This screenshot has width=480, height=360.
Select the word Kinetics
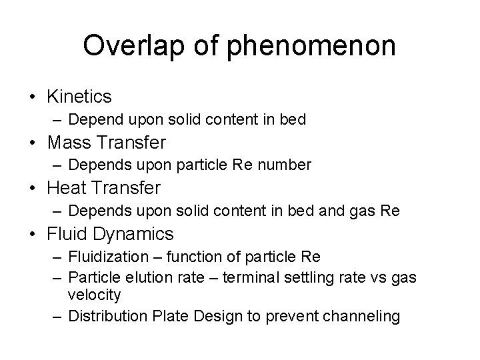[x=79, y=97]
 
